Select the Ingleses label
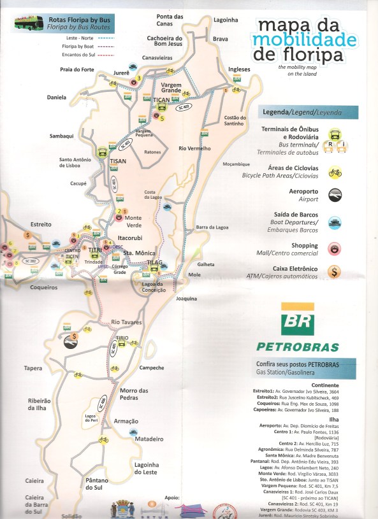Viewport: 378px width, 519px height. point(239,69)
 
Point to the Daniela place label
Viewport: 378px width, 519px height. point(57,97)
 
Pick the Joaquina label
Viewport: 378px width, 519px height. point(186,298)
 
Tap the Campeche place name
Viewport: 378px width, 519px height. point(152,367)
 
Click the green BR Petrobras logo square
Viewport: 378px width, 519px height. point(298,321)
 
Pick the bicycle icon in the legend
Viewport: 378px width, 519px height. point(335,172)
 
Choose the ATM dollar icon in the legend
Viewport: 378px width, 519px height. point(335,272)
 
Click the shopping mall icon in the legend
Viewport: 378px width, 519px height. point(335,247)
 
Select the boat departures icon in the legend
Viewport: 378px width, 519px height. point(335,222)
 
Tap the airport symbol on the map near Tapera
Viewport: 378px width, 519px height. point(69,343)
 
